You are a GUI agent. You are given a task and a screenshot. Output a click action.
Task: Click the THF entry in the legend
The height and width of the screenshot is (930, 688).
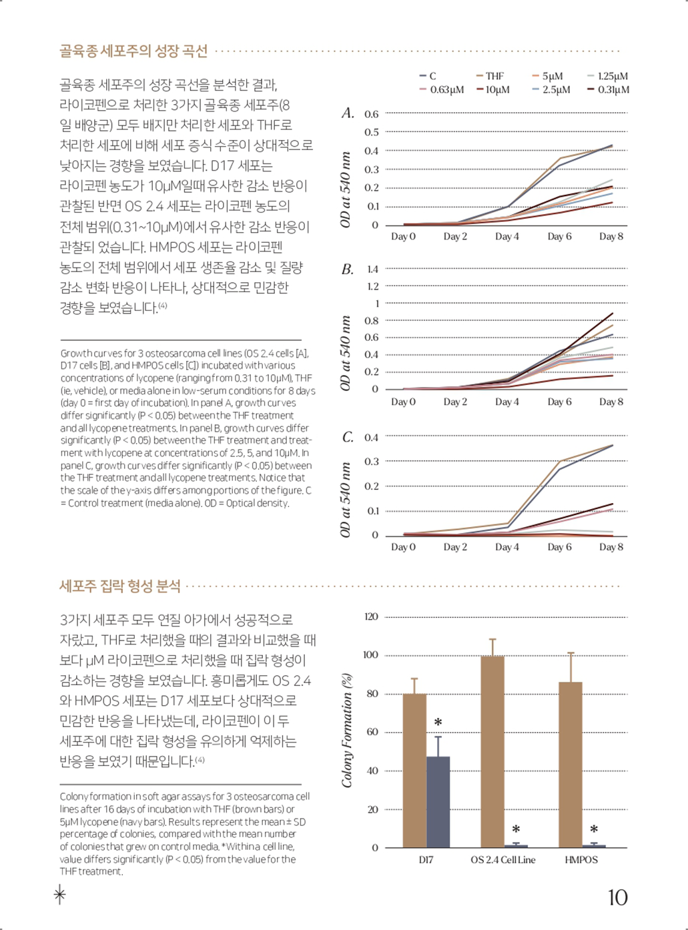coord(490,76)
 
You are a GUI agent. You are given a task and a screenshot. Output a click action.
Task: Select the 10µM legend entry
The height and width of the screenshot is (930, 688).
coord(493,89)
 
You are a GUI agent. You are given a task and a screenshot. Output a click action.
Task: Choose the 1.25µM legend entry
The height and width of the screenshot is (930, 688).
coord(608,76)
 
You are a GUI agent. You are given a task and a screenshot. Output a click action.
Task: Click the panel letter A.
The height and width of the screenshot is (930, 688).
coord(348,113)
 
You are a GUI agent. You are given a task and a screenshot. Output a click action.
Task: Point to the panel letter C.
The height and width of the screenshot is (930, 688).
coord(348,438)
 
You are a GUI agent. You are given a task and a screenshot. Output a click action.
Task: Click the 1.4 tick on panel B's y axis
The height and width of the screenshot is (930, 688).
coord(372,269)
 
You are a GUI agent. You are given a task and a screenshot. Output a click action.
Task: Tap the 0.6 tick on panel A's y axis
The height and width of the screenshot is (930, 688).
coord(371,114)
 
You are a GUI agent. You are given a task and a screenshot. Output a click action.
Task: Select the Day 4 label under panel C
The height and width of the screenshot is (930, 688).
coord(506,547)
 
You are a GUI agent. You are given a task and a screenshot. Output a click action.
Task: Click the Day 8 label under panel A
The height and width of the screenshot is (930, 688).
coord(611,236)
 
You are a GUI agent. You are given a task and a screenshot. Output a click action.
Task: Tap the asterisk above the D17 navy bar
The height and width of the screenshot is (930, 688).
coord(438,723)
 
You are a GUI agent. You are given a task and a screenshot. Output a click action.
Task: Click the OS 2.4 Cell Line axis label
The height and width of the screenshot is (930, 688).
coord(503,860)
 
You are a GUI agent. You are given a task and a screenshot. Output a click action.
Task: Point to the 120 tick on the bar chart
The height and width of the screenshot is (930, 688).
coord(371,617)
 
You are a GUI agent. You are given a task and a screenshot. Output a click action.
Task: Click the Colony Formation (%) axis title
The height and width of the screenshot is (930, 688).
coord(346,731)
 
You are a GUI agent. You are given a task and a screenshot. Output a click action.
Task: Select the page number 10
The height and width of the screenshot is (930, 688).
coord(617,898)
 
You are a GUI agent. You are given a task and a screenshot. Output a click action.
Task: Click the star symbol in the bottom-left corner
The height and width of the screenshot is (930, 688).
coord(60,895)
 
